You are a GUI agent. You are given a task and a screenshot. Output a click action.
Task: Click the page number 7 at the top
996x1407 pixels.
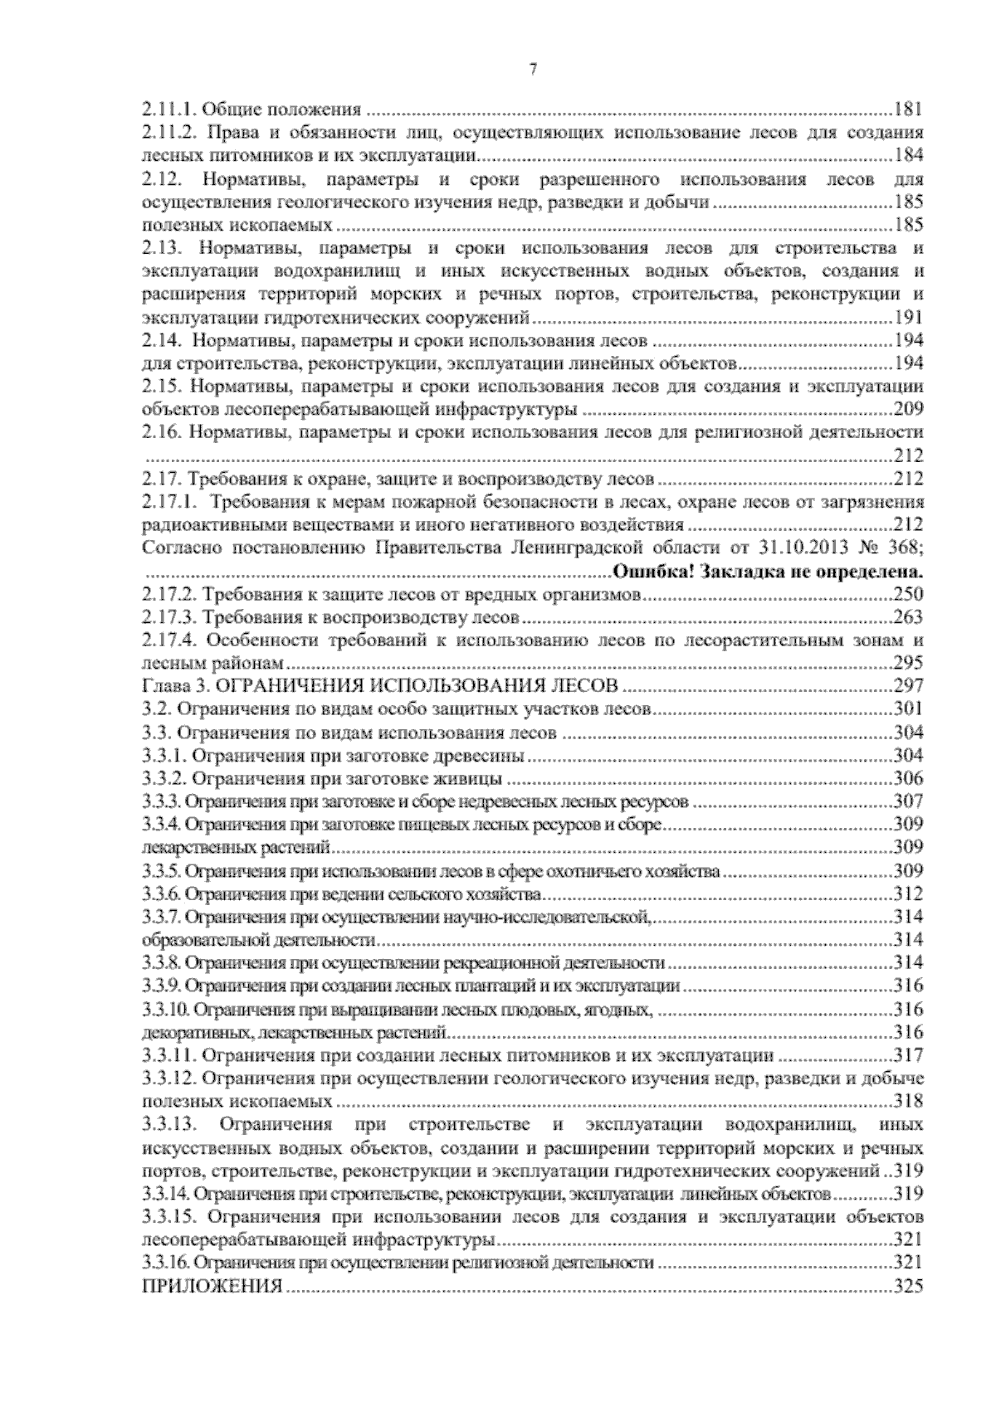coord(532,71)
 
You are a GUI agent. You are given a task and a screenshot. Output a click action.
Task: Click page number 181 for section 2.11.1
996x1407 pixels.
coord(907,109)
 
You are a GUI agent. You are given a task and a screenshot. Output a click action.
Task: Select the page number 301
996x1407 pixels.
coord(907,709)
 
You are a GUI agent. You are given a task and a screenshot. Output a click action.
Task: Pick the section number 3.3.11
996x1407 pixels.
coord(168,1056)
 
